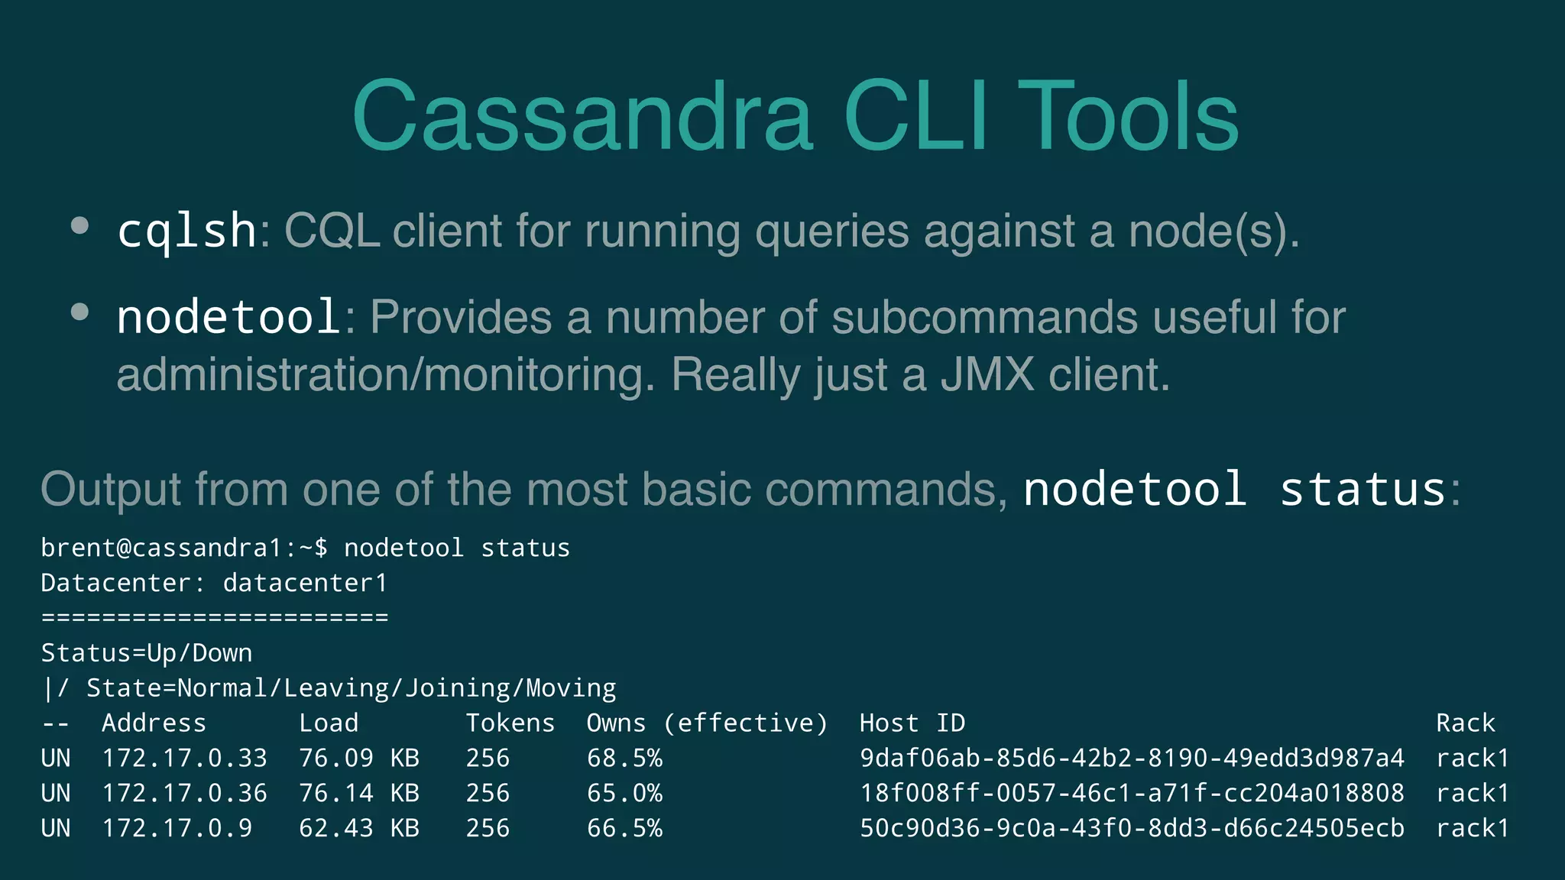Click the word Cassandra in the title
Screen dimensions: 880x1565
(582, 117)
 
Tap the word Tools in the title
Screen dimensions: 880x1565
(1128, 117)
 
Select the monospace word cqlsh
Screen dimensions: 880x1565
(186, 231)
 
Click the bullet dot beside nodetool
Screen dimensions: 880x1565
(79, 312)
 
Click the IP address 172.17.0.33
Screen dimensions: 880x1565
(184, 758)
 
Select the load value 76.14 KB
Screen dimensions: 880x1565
(358, 793)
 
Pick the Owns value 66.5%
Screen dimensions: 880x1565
(624, 828)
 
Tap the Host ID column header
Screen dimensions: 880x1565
(912, 723)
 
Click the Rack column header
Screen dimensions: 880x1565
(1465, 723)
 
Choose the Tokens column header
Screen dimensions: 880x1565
(510, 723)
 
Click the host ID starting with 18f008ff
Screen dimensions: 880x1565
(1132, 793)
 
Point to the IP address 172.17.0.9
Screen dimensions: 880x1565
(177, 828)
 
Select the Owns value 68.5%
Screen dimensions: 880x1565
(624, 758)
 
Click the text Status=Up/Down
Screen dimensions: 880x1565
(146, 653)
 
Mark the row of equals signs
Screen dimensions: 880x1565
(215, 617)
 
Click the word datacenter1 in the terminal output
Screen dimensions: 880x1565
(305, 583)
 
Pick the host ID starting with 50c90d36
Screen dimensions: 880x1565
(1132, 828)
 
